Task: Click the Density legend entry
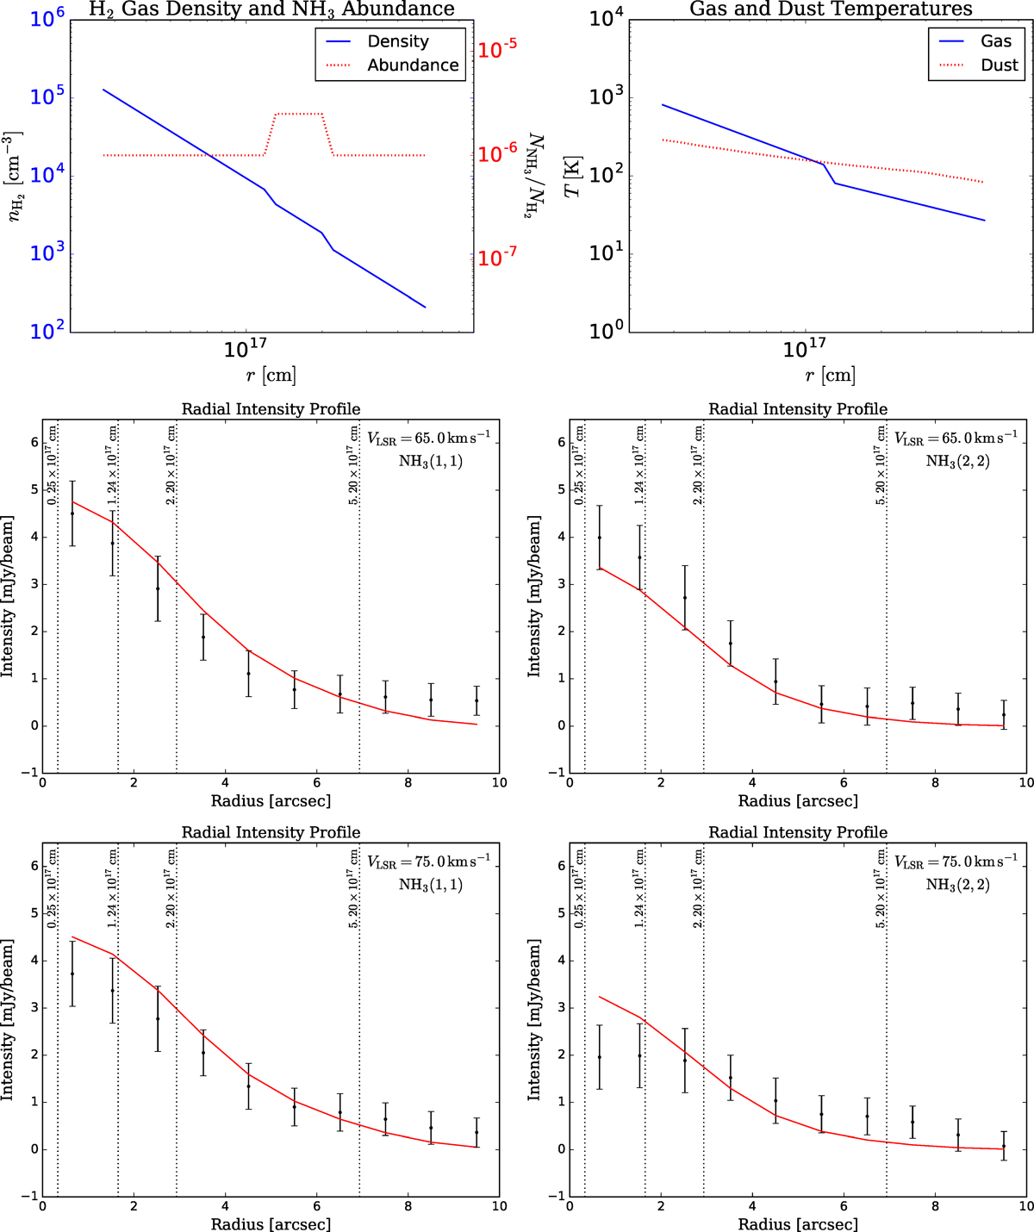point(397,41)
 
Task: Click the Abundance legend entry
point(413,65)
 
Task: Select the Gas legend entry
point(995,41)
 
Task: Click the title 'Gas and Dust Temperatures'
point(831,9)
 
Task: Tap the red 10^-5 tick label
point(497,50)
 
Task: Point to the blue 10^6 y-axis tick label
point(47,17)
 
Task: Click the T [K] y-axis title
point(573,177)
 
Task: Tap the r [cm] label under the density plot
point(271,375)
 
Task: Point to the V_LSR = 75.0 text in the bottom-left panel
point(428,862)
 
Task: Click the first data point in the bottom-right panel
point(599,1057)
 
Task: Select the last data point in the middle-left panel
point(477,700)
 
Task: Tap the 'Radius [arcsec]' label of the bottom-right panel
point(798,1223)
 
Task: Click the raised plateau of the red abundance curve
point(298,114)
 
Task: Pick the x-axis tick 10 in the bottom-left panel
point(499,1206)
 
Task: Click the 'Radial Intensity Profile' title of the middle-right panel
point(798,409)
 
